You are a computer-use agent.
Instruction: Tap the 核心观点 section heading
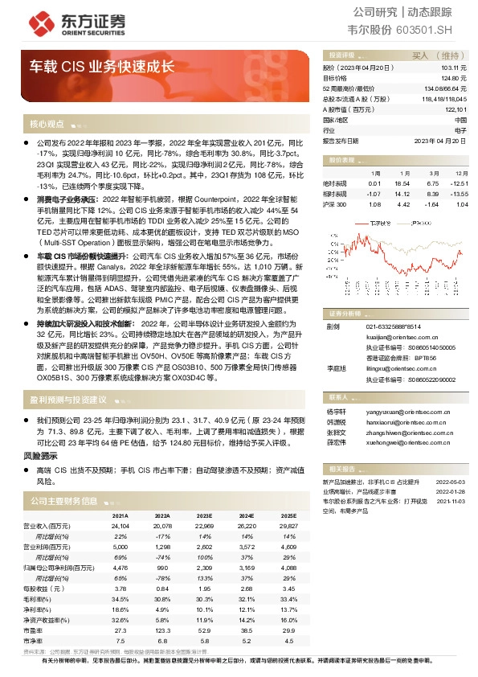(x=47, y=125)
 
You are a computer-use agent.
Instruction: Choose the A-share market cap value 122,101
(x=455, y=109)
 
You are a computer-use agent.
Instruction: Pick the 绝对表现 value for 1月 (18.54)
(x=402, y=183)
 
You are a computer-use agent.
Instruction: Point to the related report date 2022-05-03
(x=451, y=480)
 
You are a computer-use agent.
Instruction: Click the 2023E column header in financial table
(x=204, y=515)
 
